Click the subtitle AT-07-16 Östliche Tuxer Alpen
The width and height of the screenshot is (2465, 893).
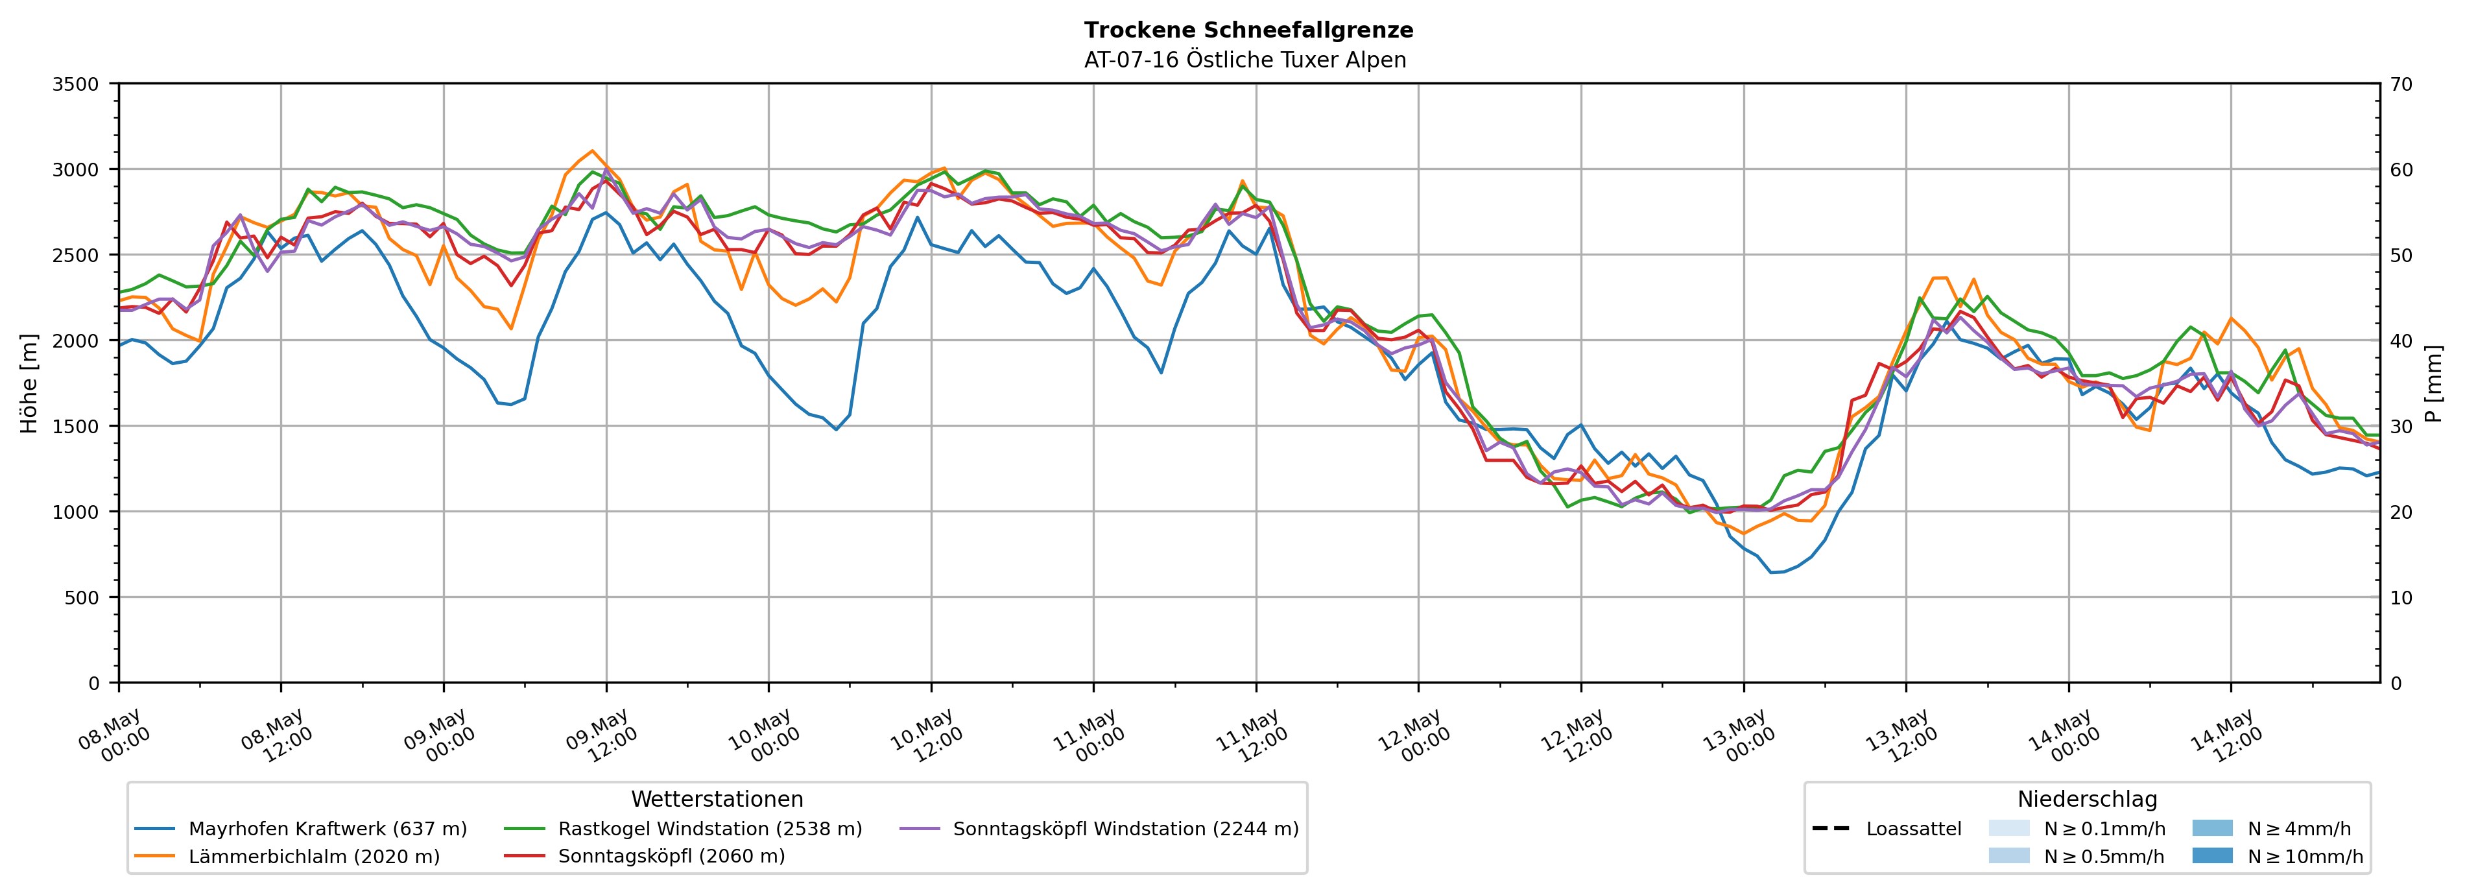1245,60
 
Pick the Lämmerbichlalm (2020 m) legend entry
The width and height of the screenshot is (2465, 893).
287,857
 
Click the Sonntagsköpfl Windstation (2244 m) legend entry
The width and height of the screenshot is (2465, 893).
1099,829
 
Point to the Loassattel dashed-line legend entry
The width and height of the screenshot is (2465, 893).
1886,829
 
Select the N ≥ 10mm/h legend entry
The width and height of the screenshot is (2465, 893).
2278,857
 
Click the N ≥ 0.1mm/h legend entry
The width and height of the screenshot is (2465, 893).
2077,829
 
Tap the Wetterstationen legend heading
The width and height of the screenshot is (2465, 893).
717,799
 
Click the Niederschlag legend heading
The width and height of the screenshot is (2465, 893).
2087,799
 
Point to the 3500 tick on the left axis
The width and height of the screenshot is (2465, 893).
76,84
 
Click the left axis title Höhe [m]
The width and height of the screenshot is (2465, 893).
30,383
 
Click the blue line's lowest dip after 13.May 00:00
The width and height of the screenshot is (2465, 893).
1771,573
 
